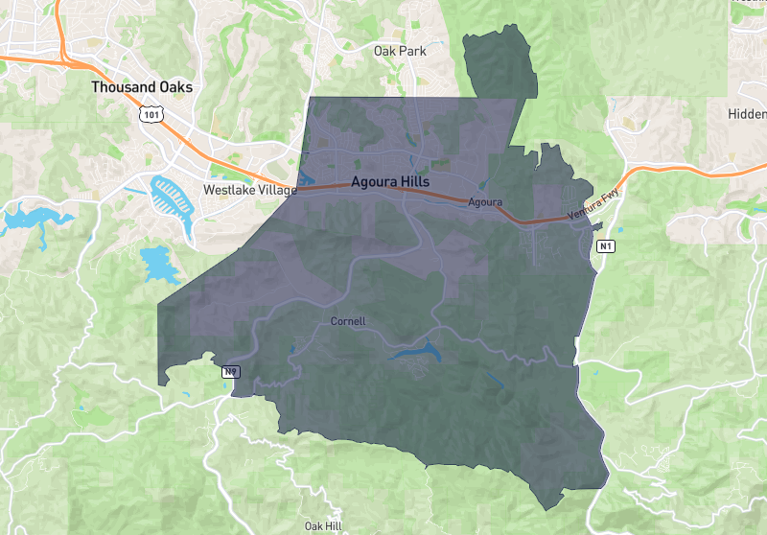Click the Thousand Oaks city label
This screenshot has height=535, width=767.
tap(142, 87)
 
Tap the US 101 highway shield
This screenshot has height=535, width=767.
tap(150, 114)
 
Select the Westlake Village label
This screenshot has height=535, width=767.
tap(249, 190)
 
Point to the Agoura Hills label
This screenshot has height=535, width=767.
tap(390, 181)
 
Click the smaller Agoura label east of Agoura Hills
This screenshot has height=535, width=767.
tap(485, 202)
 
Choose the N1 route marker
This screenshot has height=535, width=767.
tap(604, 247)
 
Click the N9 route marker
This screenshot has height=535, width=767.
tap(230, 372)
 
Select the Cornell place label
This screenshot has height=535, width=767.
tap(348, 320)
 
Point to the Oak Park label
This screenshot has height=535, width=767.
tap(400, 51)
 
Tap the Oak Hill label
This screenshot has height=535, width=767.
tap(323, 526)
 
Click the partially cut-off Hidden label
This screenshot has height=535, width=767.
tap(747, 113)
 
